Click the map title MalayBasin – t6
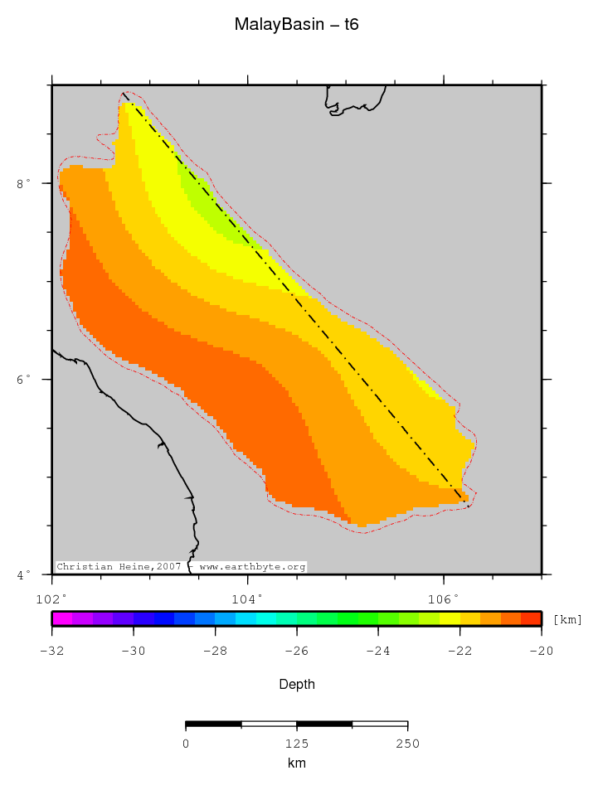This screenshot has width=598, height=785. (x=296, y=25)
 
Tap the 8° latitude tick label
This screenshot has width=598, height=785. (x=24, y=183)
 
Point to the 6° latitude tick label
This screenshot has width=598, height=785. (x=24, y=379)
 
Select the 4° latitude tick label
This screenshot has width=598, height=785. (x=24, y=574)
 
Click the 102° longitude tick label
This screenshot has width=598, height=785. (x=51, y=598)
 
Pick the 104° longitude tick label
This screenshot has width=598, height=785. (x=247, y=598)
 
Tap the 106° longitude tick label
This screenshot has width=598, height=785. (x=443, y=598)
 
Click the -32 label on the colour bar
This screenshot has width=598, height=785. (x=51, y=651)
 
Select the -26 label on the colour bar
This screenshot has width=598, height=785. (x=296, y=651)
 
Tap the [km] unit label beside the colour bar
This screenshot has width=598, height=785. (x=567, y=619)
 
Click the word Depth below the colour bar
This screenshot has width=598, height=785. (x=296, y=685)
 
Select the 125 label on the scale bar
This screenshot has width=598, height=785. (x=296, y=744)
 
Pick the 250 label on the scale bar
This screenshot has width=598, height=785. (x=407, y=744)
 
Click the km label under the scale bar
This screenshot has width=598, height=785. (x=296, y=763)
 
